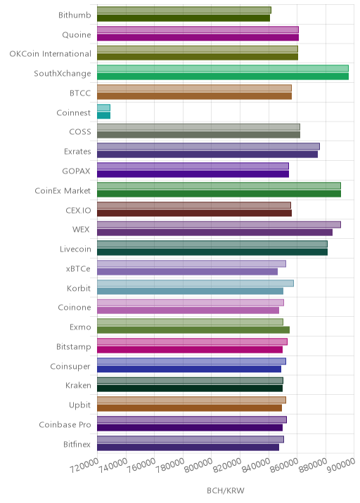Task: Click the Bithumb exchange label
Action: pos(75,15)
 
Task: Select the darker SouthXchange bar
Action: pos(223,77)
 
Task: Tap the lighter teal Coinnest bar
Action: pos(104,107)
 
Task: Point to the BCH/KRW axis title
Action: pos(226,490)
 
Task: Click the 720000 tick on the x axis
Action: pos(84,466)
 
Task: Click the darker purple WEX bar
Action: pos(215,233)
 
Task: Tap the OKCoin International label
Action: pos(50,54)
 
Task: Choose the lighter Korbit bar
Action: pos(195,283)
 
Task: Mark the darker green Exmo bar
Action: pos(193,329)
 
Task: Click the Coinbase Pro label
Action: pos(65,425)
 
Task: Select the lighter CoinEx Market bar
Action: pos(219,185)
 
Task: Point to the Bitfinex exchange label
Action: pos(77,444)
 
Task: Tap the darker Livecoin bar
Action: pos(212,252)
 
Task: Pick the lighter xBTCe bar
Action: pos(191,263)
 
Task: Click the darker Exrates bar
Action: pos(207,155)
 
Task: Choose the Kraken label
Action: pos(78,385)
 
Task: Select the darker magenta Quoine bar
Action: pos(198,37)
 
